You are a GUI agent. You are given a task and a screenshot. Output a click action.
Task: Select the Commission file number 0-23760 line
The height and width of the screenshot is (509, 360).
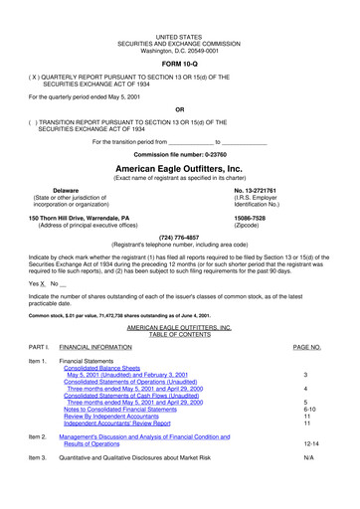(x=179, y=154)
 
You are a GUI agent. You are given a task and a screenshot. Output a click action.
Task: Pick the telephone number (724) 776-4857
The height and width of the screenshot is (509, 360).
(x=179, y=238)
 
